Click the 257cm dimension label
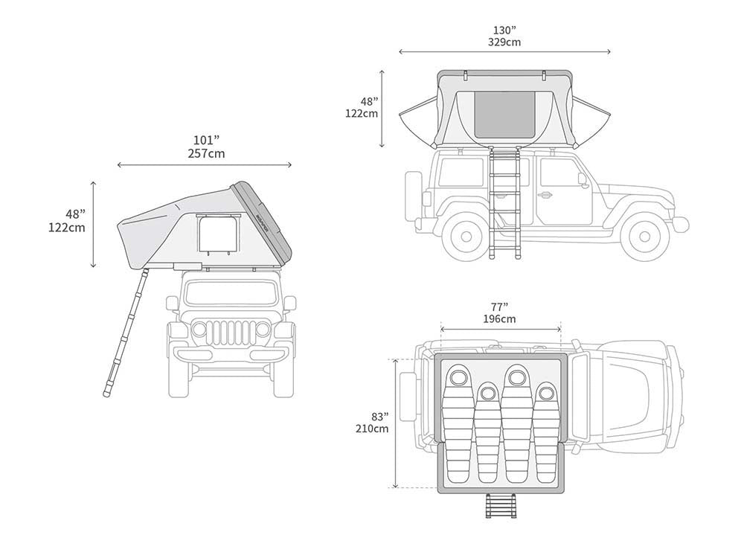pyautogui.click(x=206, y=153)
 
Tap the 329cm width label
pyautogui.click(x=504, y=42)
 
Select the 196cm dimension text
pyautogui.click(x=500, y=319)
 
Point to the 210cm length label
pyautogui.click(x=372, y=429)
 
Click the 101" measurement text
pyautogui.click(x=206, y=141)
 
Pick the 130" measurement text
pyautogui.click(x=504, y=31)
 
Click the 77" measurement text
pyautogui.click(x=500, y=307)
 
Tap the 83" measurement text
pyautogui.click(x=379, y=417)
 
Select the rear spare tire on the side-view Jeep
pyautogui.click(x=411, y=196)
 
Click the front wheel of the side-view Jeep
pyautogui.click(x=644, y=236)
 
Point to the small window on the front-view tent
pyautogui.click(x=219, y=235)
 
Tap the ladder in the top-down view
pyautogui.click(x=501, y=506)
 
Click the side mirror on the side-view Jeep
pyautogui.click(x=583, y=179)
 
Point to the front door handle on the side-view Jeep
pyautogui.click(x=544, y=193)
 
